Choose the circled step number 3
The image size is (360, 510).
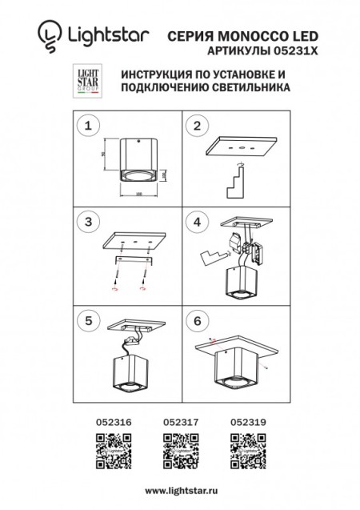pyautogui.click(x=90, y=221)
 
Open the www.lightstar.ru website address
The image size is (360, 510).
pyautogui.click(x=180, y=488)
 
